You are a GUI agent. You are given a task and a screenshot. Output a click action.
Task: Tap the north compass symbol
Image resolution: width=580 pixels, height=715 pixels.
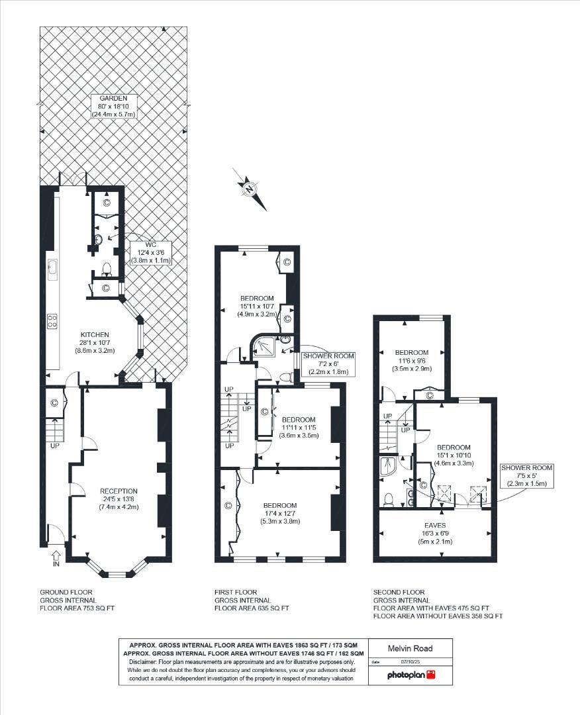point(249,189)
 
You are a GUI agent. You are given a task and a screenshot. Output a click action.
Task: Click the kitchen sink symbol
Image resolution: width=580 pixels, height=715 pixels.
point(52,269)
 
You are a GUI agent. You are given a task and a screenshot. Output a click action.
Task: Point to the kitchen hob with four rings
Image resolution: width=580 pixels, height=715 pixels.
point(52,322)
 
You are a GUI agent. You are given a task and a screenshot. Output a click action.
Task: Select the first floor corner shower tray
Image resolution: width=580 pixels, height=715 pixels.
point(266,346)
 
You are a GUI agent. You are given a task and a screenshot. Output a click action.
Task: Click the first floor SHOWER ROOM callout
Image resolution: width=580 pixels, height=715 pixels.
point(328,363)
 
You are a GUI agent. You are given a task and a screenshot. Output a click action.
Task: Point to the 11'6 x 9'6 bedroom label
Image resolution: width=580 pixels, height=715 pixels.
point(411,360)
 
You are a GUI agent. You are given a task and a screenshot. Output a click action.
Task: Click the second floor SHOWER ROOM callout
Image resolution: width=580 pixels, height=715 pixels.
point(526,475)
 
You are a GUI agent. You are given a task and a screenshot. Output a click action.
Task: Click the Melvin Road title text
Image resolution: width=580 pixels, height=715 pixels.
point(411,648)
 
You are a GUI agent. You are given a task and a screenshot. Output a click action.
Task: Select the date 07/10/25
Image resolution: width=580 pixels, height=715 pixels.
point(411,661)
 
